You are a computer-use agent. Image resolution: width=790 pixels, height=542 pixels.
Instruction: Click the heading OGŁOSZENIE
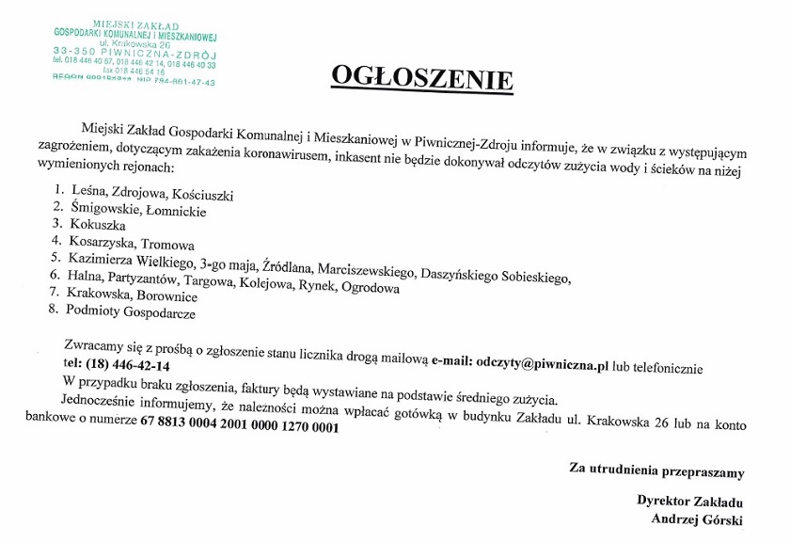click(x=421, y=79)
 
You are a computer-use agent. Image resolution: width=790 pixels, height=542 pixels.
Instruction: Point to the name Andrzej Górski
click(x=690, y=519)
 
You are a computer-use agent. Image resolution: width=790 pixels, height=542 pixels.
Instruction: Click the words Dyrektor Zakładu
click(x=690, y=502)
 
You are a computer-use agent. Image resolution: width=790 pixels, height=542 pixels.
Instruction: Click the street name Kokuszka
click(x=97, y=225)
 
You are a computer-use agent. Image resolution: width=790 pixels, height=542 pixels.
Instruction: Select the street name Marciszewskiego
click(x=366, y=271)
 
